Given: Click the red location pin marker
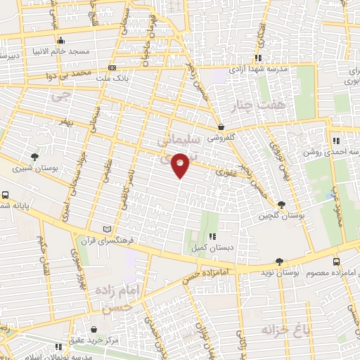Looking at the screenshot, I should tap(181, 165).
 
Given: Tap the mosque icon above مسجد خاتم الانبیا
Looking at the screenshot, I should tap(61, 40).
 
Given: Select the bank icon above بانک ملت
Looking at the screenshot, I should tap(112, 68).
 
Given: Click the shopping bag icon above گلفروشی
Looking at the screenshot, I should tap(221, 127).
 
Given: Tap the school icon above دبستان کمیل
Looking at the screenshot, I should tap(212, 236).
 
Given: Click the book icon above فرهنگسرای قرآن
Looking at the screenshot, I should tap(107, 229).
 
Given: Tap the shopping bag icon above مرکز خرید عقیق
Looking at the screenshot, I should tap(94, 328).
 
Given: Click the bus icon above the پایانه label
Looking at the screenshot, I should tap(6, 195).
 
